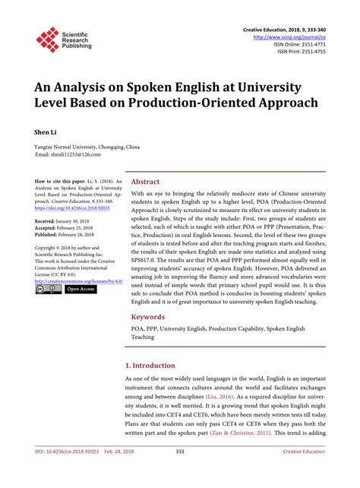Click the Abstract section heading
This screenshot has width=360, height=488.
click(145, 182)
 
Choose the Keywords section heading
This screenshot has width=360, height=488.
click(149, 316)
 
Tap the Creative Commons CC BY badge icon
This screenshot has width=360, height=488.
click(48, 290)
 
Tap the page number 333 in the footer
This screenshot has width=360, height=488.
click(180, 473)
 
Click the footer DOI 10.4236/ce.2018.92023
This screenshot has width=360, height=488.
click(69, 473)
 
